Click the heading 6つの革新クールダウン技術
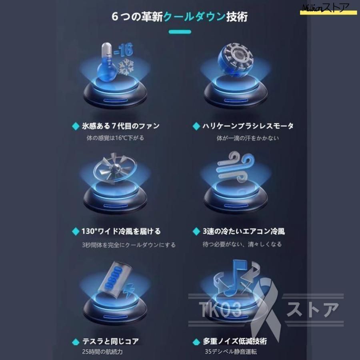point(180,18)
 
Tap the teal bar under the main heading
point(180,32)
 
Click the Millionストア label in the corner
point(327,8)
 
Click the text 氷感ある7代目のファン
point(119,126)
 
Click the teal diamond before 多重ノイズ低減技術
point(196,342)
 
